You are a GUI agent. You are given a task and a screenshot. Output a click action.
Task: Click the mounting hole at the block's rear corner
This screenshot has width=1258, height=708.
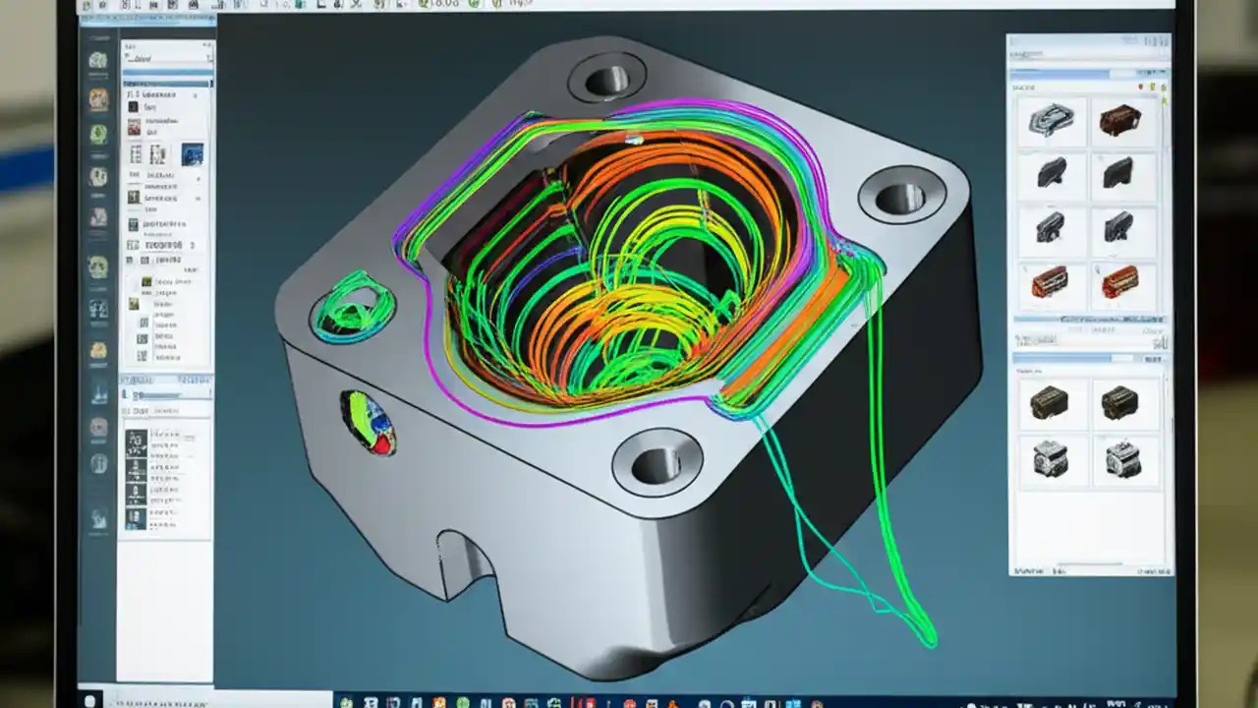(x=605, y=79)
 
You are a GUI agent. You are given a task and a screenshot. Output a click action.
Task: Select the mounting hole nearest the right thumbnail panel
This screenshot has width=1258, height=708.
(x=900, y=198)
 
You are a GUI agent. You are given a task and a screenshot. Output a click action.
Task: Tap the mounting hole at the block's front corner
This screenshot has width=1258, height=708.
(x=657, y=463)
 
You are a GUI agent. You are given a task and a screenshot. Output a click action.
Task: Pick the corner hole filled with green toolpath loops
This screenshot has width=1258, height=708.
(x=352, y=306)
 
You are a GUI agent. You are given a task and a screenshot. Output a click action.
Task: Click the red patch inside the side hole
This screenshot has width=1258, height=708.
(x=379, y=444)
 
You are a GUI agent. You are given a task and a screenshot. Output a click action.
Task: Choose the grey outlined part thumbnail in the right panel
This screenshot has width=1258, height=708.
(x=1050, y=120)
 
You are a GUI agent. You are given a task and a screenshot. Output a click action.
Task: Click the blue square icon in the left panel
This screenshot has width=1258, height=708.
(x=192, y=154)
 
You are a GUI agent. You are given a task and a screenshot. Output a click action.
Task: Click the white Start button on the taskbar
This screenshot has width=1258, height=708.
(x=90, y=701)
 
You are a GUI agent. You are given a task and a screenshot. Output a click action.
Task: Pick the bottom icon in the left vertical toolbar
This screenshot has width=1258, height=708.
(x=98, y=518)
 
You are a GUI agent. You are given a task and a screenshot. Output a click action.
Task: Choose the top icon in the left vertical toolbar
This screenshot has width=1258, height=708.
(x=98, y=61)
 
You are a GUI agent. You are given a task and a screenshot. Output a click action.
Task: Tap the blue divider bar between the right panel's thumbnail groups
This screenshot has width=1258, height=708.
(x=1089, y=320)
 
